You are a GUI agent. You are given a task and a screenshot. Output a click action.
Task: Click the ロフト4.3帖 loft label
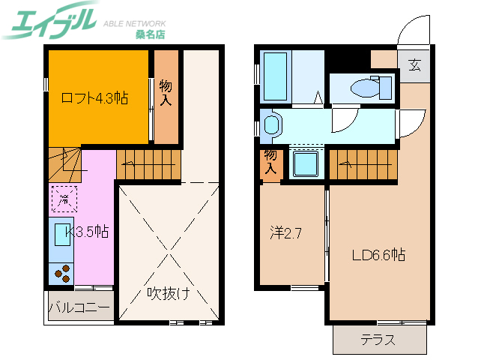coord(94,97)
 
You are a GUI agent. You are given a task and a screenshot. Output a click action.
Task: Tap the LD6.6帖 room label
coord(378,255)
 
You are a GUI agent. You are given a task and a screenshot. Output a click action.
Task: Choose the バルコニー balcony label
coord(79,307)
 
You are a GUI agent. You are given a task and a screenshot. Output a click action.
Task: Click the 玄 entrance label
coord(414,64)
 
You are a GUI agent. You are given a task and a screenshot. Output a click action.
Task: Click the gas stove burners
coord(62,274)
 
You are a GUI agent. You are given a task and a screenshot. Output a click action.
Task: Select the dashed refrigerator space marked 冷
coord(64,199)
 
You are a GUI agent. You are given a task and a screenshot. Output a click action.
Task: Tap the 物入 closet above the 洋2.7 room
coord(270,163)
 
